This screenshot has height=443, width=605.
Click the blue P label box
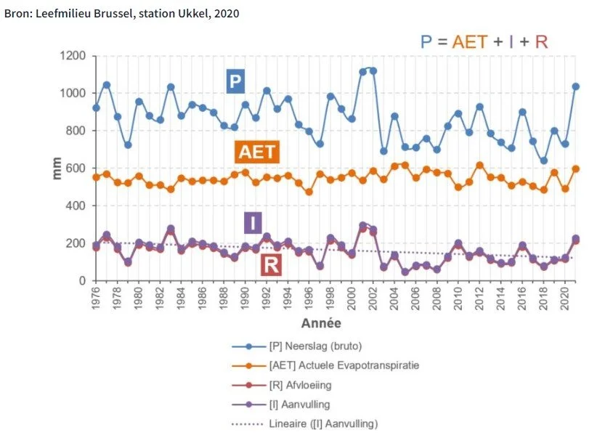235,81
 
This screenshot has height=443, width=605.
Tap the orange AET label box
257,151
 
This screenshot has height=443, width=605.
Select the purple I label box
252,222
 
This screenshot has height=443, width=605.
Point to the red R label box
271,265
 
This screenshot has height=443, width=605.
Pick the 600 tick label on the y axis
75,168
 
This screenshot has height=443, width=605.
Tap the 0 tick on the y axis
82,281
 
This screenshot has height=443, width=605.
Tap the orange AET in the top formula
469,41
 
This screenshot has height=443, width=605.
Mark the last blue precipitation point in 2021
575,86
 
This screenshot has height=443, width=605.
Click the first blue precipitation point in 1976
96,108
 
